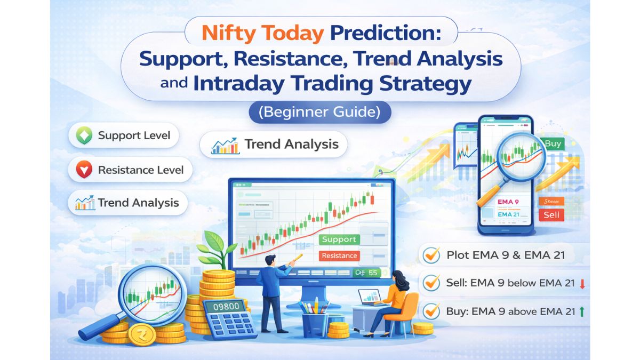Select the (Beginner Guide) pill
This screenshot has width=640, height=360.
click(319, 113)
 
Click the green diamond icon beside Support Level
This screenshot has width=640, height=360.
click(84, 135)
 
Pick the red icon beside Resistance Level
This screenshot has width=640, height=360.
click(84, 170)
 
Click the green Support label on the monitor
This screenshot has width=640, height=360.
click(339, 239)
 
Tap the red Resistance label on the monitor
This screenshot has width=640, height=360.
click(339, 255)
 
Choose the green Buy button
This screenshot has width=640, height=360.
click(552, 144)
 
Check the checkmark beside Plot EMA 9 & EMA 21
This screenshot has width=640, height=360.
click(431, 255)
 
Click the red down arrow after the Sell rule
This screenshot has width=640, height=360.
click(582, 284)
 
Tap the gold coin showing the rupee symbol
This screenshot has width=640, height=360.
click(141, 334)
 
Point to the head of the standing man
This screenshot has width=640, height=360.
click(270, 260)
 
